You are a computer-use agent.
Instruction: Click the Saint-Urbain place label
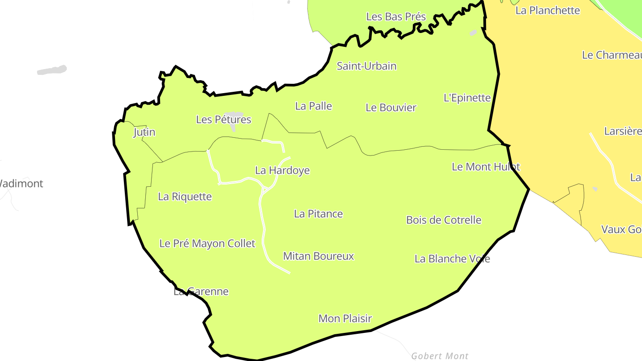(x=366, y=66)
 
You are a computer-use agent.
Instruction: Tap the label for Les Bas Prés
(x=396, y=17)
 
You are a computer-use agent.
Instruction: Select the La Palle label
(x=313, y=106)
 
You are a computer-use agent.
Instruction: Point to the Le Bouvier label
(x=391, y=107)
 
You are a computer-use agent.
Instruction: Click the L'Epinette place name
(x=467, y=98)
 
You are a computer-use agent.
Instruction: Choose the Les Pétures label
(x=223, y=119)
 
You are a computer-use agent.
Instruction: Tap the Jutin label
(x=144, y=132)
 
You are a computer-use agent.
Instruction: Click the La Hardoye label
(x=282, y=170)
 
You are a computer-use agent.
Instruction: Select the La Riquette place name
(x=185, y=197)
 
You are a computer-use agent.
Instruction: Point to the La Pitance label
(x=318, y=214)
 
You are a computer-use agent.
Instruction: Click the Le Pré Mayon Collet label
(x=207, y=243)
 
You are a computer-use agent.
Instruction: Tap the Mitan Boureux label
(x=318, y=256)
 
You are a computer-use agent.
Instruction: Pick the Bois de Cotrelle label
(x=444, y=220)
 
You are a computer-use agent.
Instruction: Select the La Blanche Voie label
(x=452, y=259)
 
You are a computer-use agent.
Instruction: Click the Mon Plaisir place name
(x=345, y=319)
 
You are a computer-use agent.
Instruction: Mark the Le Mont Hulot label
(x=486, y=167)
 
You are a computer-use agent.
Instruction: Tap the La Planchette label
(x=547, y=11)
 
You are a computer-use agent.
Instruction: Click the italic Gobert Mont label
(x=440, y=356)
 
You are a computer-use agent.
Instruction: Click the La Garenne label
(x=201, y=292)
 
